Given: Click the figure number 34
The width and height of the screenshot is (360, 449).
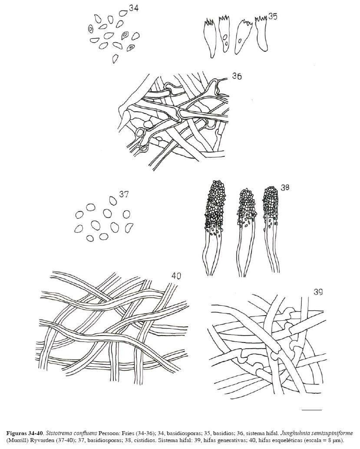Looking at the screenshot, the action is [x=134, y=8].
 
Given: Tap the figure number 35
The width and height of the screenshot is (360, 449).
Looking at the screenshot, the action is [x=273, y=17].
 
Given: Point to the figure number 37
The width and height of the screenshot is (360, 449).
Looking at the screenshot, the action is [x=124, y=194].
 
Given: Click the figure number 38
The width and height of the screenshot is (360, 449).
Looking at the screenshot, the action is [x=285, y=187].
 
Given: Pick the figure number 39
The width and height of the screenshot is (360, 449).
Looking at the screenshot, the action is [x=318, y=292].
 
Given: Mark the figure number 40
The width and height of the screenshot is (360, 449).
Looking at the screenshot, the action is [x=176, y=276].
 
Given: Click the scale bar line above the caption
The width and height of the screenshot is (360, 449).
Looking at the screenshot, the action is [x=312, y=410].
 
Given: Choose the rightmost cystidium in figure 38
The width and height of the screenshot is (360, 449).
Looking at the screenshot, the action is [x=271, y=229].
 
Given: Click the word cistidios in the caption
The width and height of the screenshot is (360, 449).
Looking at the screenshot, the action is [x=147, y=439].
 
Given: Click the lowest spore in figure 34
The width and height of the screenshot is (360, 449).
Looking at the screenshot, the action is [x=116, y=59].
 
